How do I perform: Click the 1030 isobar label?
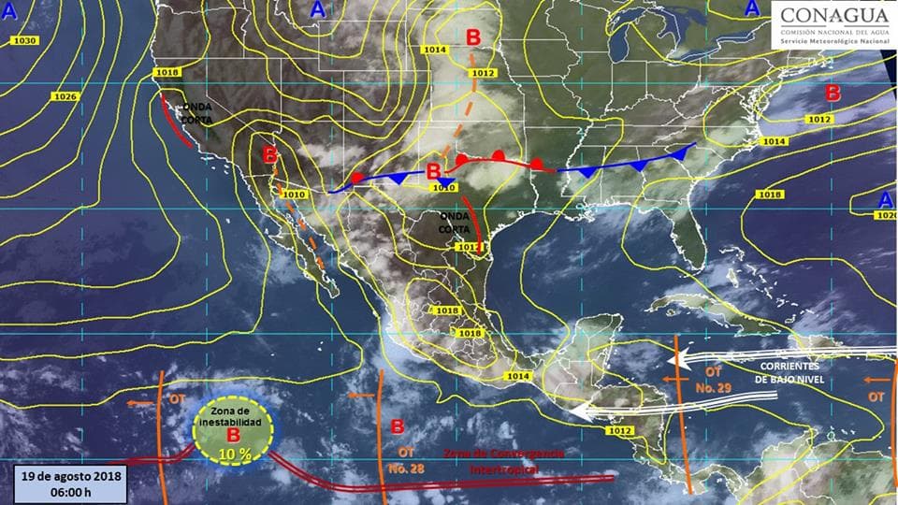click(x=25, y=41)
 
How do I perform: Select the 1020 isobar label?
click(x=886, y=215)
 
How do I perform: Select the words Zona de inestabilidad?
click(x=228, y=417)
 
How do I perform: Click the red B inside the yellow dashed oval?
click(x=233, y=436)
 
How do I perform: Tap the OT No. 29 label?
click(x=705, y=380)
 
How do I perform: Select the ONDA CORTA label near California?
click(x=197, y=113)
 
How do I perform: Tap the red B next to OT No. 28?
click(x=397, y=427)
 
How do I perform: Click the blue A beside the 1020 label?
click(x=885, y=199)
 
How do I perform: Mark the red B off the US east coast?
click(x=833, y=94)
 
